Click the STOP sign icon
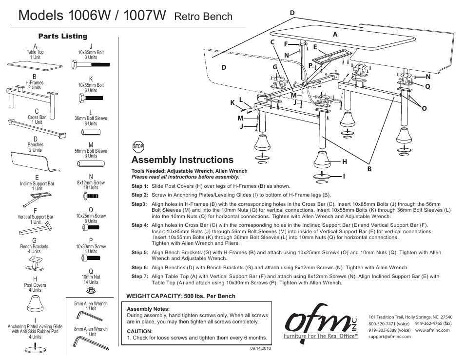[x=138, y=146]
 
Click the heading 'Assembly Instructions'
[x=182, y=160]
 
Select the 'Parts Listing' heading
[x=63, y=36]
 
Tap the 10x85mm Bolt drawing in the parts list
[x=91, y=65]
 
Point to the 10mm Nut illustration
[x=90, y=289]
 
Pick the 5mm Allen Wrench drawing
[x=91, y=317]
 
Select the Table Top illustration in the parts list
[x=35, y=64]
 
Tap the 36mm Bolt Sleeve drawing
[x=91, y=131]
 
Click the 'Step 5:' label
[x=139, y=253]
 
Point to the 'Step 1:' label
[x=139, y=186]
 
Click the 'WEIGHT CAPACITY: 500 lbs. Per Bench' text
[x=180, y=296]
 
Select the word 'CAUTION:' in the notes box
[x=140, y=331]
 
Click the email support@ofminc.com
[x=389, y=337]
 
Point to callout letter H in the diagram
[x=344, y=161]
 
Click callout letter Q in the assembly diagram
[x=427, y=86]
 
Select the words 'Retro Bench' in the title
[x=203, y=17]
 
